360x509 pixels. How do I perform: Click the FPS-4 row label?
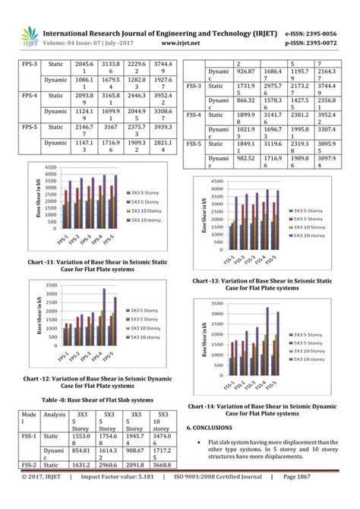tap(30, 96)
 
